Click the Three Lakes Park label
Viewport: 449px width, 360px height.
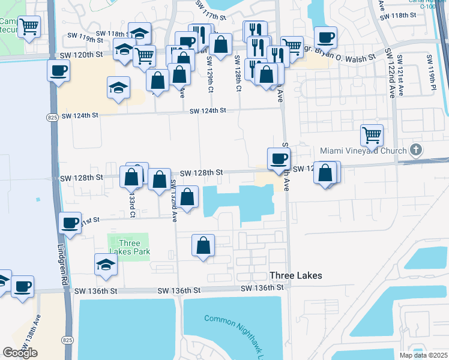click(x=129, y=247)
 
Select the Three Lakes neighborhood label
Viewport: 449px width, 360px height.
click(x=296, y=275)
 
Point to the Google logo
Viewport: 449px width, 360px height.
click(x=20, y=352)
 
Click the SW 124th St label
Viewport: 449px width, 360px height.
click(x=207, y=111)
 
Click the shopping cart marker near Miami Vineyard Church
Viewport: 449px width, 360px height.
click(x=372, y=134)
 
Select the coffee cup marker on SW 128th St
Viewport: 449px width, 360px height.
click(x=278, y=158)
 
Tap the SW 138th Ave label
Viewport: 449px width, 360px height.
click(x=38, y=329)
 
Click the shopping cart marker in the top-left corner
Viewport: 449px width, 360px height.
click(x=29, y=26)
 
